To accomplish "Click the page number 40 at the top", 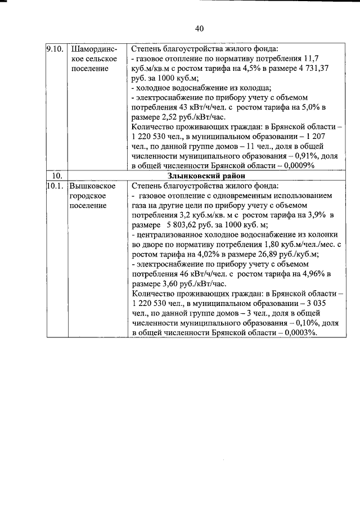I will tap(199, 29).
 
